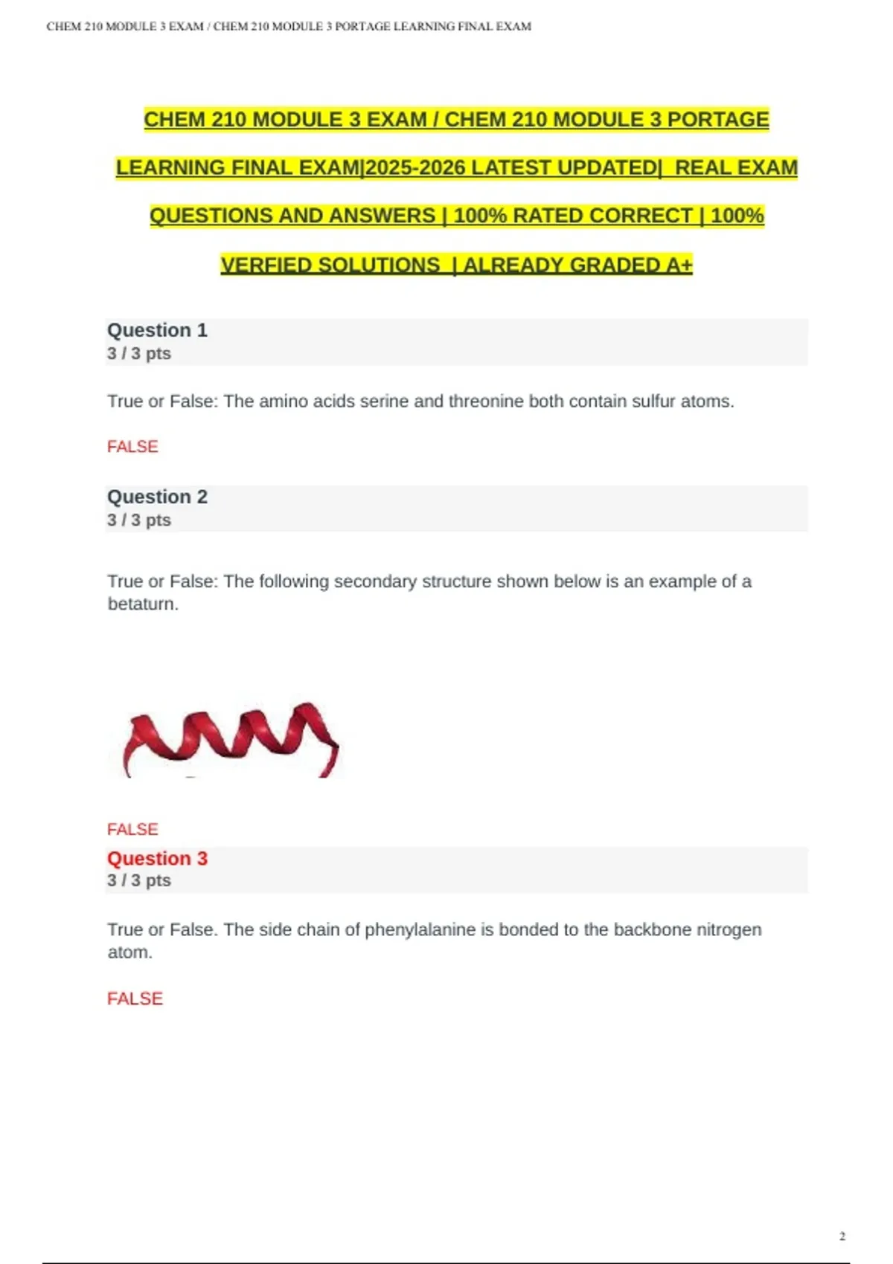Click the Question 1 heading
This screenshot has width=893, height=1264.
click(157, 330)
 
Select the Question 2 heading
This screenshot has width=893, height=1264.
click(157, 497)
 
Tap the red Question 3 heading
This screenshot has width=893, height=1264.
click(157, 858)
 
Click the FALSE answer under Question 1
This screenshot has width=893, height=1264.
click(132, 446)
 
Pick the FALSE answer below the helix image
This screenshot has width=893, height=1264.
click(132, 829)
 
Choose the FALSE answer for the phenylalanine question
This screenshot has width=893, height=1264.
click(135, 999)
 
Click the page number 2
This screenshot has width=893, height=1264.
click(842, 1236)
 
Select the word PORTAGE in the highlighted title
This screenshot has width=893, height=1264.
click(718, 120)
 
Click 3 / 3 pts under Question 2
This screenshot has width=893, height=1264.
click(139, 520)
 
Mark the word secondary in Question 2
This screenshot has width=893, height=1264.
click(375, 581)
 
